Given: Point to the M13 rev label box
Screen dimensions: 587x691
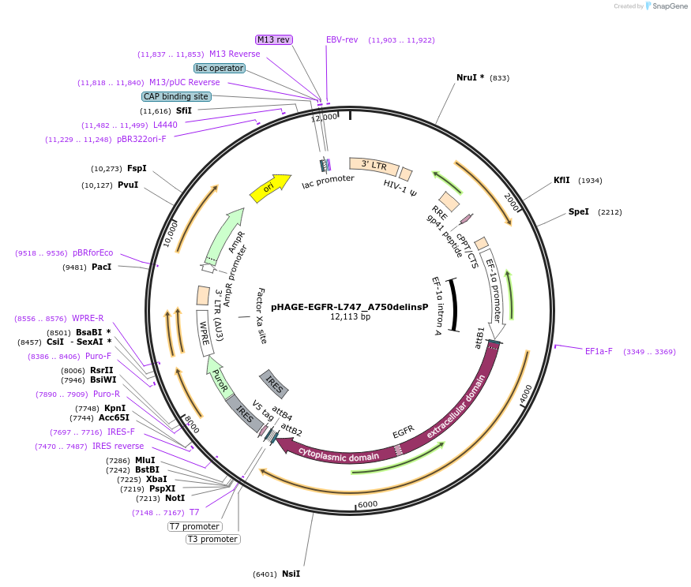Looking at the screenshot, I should [274, 39].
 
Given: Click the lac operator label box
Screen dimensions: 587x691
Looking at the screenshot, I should [220, 68].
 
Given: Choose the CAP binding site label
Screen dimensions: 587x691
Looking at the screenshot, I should [176, 96].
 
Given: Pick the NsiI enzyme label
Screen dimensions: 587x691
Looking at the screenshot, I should [291, 574].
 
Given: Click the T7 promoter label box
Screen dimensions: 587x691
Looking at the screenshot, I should [195, 526].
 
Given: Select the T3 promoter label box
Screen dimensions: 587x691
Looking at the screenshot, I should [212, 539].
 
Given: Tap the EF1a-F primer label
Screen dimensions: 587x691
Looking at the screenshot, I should [598, 351].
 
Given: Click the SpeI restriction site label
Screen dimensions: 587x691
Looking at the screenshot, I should [579, 212].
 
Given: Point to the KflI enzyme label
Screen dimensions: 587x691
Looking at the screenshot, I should [561, 180].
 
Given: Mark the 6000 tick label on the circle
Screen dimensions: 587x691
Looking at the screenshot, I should [367, 505].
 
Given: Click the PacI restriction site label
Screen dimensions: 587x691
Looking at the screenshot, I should [101, 267].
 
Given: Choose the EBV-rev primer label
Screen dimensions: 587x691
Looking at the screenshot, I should [342, 39].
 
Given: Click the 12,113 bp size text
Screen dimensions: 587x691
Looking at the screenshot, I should [349, 317].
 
